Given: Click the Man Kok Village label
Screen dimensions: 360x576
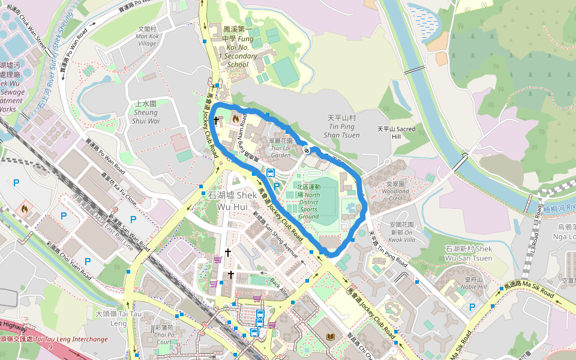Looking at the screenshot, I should pos(147,36).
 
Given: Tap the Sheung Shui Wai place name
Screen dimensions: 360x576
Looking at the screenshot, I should pos(146,112).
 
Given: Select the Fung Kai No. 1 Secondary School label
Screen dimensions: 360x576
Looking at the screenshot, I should pos(239,46).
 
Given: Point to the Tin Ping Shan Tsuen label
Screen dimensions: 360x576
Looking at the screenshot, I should pos(341,127).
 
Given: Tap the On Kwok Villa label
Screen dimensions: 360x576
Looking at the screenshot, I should pos(401,232).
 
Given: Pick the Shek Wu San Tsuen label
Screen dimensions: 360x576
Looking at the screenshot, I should pos(469,253).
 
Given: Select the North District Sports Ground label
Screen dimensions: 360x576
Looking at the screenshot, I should pos(308,201).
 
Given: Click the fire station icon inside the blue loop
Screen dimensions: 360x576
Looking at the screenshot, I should pos(235,118).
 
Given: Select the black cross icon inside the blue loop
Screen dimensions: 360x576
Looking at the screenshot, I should pos(217,121).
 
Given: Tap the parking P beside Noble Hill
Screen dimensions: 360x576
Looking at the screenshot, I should pos(472,307).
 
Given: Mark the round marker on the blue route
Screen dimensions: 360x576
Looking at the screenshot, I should pos(307,150).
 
